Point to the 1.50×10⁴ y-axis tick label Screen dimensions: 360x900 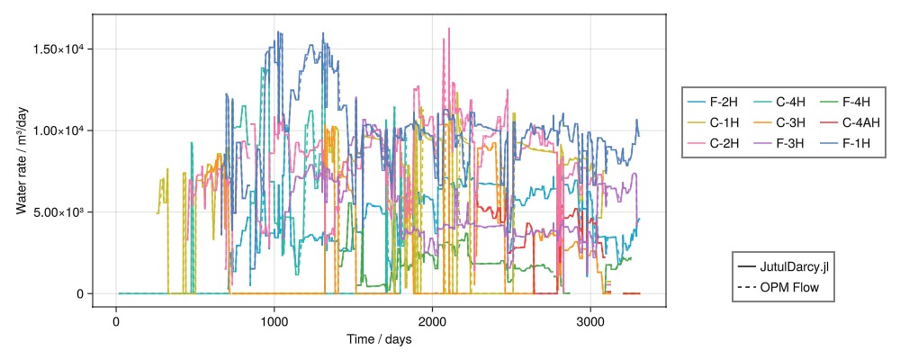pyautogui.click(x=58, y=49)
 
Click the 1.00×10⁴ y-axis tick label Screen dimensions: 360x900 pyautogui.click(x=58, y=130)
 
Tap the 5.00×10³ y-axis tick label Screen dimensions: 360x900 pyautogui.click(x=58, y=212)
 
